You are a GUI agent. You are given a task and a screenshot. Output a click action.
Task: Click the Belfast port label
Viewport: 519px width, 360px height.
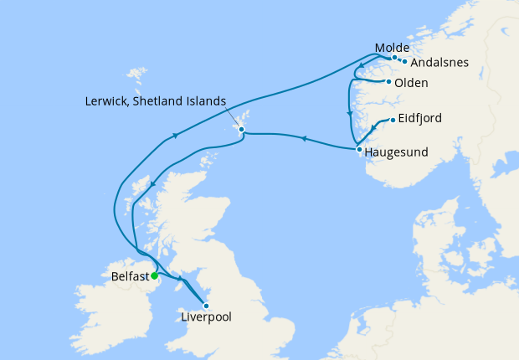pyautogui.click(x=130, y=275)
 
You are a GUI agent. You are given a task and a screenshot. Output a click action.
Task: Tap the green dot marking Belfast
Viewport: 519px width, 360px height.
pyautogui.click(x=155, y=275)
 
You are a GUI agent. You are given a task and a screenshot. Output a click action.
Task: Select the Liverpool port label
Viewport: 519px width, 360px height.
pyautogui.click(x=206, y=317)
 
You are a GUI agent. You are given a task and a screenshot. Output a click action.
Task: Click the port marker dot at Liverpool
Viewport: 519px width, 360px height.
pyautogui.click(x=206, y=306)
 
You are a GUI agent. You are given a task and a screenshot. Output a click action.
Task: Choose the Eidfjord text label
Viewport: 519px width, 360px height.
pyautogui.click(x=420, y=119)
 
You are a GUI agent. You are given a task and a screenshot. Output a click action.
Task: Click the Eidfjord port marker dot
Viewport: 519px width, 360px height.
pyautogui.click(x=392, y=121)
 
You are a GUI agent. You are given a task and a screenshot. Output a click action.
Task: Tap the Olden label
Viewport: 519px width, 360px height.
pyautogui.click(x=411, y=83)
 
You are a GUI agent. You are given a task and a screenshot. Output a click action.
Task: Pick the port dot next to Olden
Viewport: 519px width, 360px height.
pyautogui.click(x=388, y=81)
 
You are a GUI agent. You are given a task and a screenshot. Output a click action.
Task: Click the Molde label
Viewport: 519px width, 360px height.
pyautogui.click(x=393, y=48)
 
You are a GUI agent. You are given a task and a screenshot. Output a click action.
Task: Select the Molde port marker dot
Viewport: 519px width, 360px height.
pyautogui.click(x=394, y=58)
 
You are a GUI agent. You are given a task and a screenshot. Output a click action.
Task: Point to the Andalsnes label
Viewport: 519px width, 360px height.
pyautogui.click(x=440, y=62)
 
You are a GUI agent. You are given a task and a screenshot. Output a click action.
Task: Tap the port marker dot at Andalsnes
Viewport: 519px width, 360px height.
pyautogui.click(x=404, y=61)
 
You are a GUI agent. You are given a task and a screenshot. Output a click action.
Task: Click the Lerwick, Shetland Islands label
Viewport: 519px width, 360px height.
pyautogui.click(x=156, y=100)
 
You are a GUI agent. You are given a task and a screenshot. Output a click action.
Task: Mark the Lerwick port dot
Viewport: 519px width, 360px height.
pyautogui.click(x=240, y=130)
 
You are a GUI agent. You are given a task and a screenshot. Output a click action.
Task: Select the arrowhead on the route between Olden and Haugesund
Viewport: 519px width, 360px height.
pyautogui.click(x=349, y=115)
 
